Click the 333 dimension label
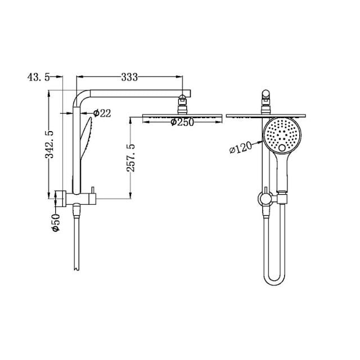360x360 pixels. (x=129, y=77)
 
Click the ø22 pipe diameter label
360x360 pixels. (x=102, y=114)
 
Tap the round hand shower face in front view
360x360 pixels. (x=282, y=136)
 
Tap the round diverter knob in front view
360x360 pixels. (x=263, y=197)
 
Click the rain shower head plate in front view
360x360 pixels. (x=266, y=116)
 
